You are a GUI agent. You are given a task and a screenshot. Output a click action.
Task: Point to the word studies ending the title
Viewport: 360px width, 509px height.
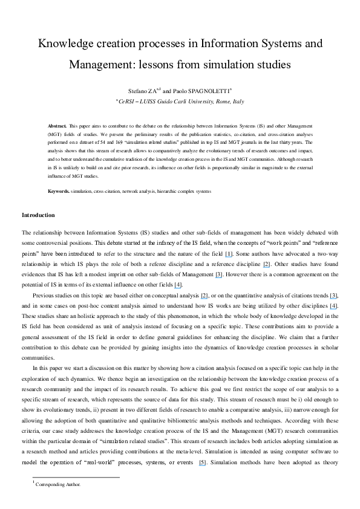[273, 63]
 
